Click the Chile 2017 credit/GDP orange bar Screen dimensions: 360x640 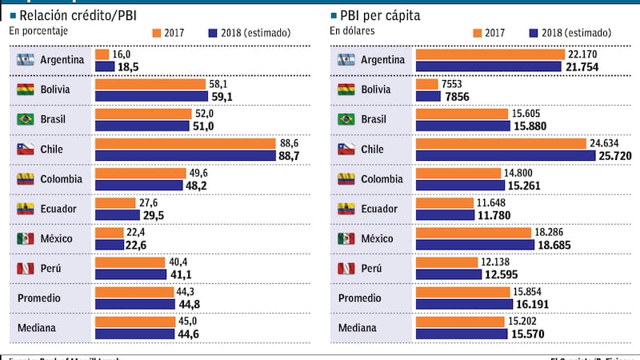click(x=200, y=143)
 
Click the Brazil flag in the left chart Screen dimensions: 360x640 click(x=25, y=120)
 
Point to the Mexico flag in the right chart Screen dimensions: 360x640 click(x=346, y=238)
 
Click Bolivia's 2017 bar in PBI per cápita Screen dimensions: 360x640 click(x=427, y=84)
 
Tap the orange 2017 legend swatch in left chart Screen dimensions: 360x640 click(x=156, y=33)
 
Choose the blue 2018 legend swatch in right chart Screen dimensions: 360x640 click(x=534, y=33)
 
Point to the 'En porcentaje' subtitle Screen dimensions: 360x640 click(x=38, y=30)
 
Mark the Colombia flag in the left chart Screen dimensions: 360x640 click(x=25, y=179)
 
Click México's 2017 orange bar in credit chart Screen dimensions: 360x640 click(x=108, y=232)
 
